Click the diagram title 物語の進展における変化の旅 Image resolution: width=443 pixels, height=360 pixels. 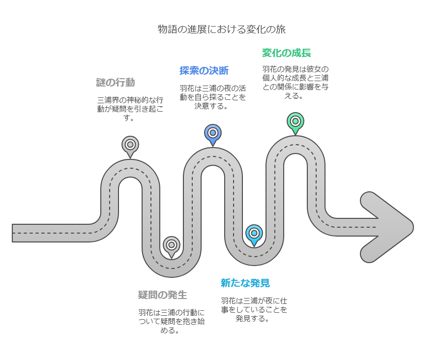(x=221, y=29)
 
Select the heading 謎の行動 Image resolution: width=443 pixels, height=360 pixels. (x=116, y=82)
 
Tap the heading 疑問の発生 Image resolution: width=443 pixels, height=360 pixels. (x=162, y=295)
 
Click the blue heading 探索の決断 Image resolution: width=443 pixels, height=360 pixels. (x=204, y=70)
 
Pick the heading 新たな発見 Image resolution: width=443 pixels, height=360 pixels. (x=245, y=283)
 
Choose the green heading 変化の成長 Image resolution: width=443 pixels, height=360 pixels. (x=286, y=53)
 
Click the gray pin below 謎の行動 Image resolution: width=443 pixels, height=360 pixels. (x=130, y=145)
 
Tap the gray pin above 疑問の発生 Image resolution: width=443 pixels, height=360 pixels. (x=172, y=245)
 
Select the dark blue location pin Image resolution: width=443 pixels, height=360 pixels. (x=213, y=133)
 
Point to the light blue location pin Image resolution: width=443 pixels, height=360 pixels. (x=254, y=233)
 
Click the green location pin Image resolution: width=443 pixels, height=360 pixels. (x=295, y=121)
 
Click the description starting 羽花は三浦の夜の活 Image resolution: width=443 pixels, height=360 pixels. (x=213, y=96)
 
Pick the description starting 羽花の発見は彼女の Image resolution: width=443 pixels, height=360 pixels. (x=295, y=83)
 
